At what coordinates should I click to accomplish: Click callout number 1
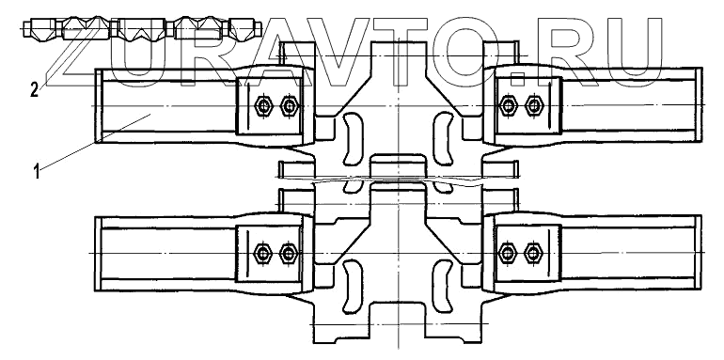37,173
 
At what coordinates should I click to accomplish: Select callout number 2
35,90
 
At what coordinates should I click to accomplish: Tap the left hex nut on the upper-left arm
263,106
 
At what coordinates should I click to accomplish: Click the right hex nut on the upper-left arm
289,106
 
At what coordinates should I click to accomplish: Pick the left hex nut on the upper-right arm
509,105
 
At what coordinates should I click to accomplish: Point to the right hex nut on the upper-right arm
533,105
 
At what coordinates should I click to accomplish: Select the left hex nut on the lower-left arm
262,253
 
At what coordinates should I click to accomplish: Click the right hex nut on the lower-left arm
289,253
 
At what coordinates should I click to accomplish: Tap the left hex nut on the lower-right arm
508,253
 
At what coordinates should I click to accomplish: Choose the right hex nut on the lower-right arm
533,253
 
